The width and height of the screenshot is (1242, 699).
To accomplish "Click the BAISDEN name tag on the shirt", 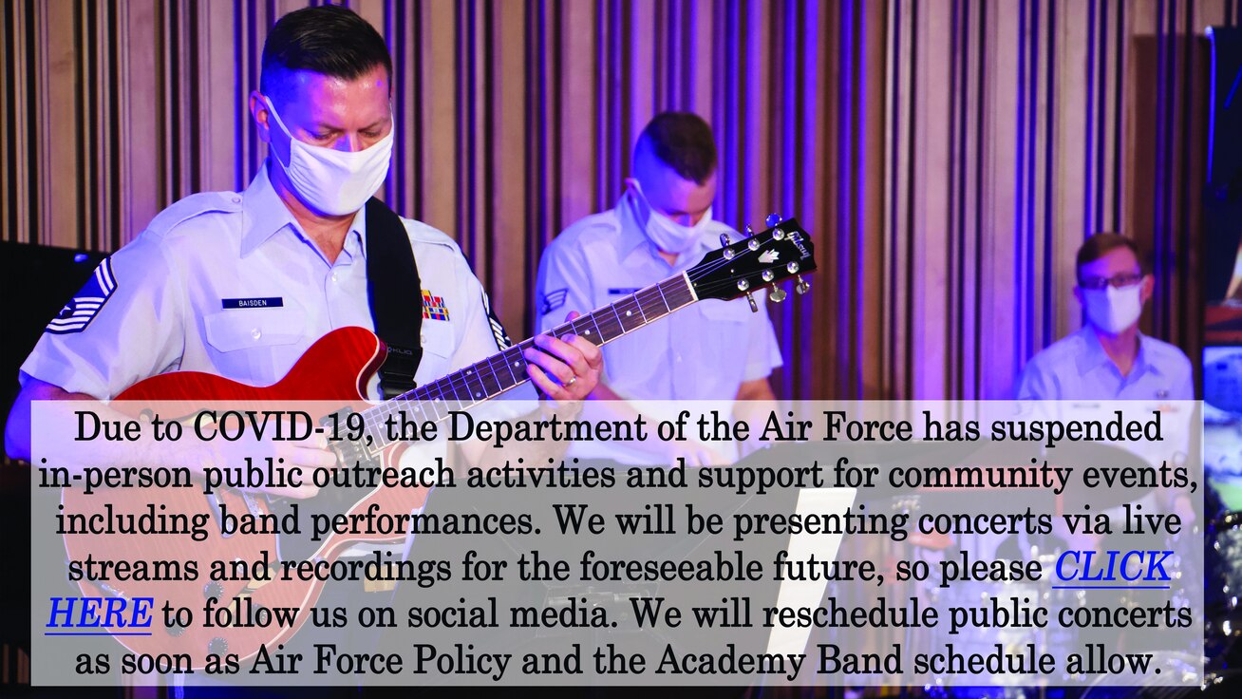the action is [x=253, y=303].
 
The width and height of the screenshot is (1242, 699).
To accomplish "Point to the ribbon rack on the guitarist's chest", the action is [x=435, y=306].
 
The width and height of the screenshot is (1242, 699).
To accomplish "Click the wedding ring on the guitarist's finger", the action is [x=570, y=382].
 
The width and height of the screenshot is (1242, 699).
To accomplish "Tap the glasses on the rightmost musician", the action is [x=1111, y=281].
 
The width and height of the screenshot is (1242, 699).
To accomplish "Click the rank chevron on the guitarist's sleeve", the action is [x=84, y=298].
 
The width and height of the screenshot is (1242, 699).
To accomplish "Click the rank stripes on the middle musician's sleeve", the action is [x=554, y=301].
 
